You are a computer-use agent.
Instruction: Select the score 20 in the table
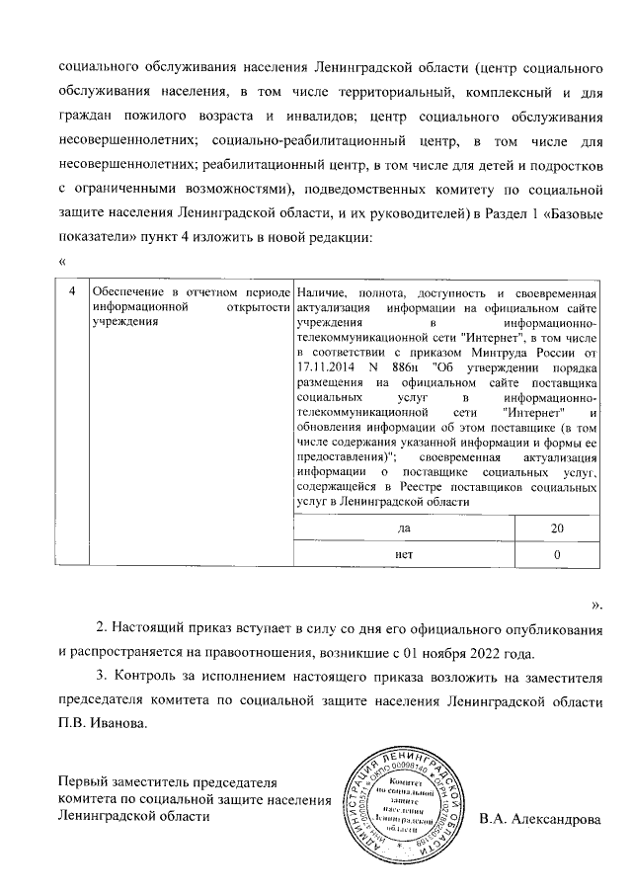(x=558, y=529)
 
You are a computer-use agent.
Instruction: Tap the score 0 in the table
(x=558, y=555)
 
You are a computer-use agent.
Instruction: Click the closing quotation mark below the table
(x=596, y=602)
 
